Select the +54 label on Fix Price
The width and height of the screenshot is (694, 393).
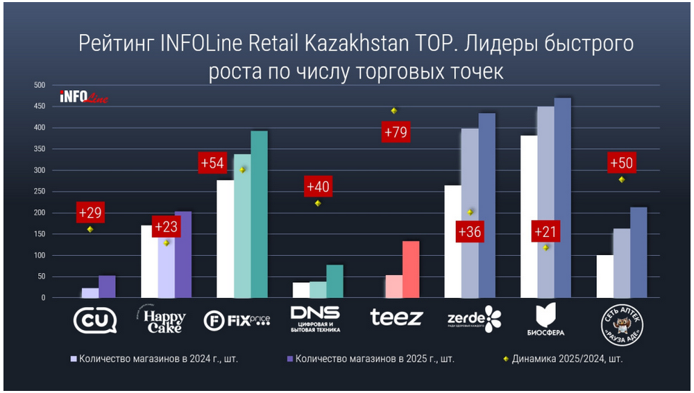pyautogui.click(x=212, y=163)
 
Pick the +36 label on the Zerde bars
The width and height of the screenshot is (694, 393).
pyautogui.click(x=469, y=231)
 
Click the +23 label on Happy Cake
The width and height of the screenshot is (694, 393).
pyautogui.click(x=167, y=227)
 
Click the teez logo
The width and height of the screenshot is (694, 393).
pyautogui.click(x=396, y=318)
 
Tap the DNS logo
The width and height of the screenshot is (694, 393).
pyautogui.click(x=315, y=319)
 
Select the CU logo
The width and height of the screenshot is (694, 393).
pyautogui.click(x=95, y=319)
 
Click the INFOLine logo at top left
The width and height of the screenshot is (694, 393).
pyautogui.click(x=84, y=97)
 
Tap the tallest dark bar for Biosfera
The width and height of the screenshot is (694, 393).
pyautogui.click(x=561, y=198)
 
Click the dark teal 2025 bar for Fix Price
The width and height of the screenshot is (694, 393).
pyautogui.click(x=259, y=214)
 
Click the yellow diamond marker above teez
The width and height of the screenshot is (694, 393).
pyautogui.click(x=393, y=111)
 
